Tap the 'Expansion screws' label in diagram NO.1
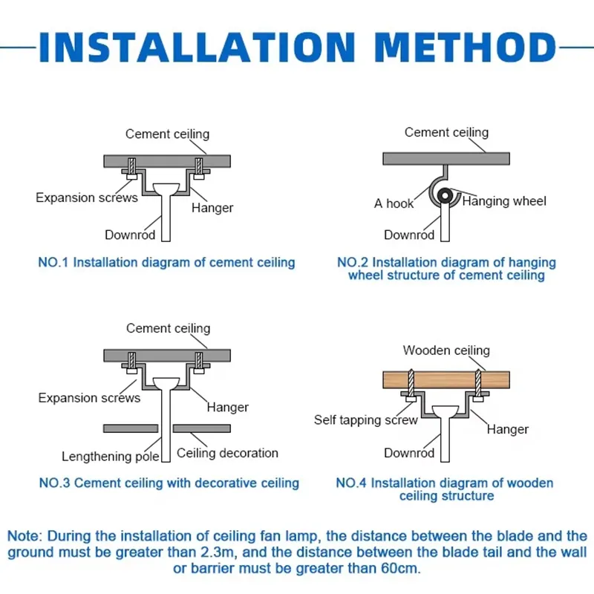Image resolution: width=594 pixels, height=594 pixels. tap(87, 198)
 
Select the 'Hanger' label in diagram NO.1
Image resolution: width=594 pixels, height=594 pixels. tap(212, 208)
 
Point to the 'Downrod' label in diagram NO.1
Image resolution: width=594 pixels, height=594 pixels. tap(130, 235)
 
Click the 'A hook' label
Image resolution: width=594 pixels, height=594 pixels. tap(394, 203)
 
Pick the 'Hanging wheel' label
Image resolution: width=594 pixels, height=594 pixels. tap(504, 201)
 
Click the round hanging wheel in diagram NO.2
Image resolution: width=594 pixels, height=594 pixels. tap(446, 196)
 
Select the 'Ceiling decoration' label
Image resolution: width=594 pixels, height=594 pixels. tap(227, 453)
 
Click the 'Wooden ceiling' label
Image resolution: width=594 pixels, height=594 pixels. tap(446, 350)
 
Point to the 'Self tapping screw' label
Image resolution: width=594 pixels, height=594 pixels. tap(365, 420)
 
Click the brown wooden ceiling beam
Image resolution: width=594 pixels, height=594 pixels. tap(446, 379)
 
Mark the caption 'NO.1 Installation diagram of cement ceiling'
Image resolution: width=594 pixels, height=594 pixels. tap(166, 262)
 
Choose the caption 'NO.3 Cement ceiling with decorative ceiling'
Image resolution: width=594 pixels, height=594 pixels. tap(169, 483)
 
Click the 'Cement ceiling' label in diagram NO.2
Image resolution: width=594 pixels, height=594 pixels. tap(446, 132)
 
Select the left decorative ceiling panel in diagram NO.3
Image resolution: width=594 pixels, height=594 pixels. tap(131, 428)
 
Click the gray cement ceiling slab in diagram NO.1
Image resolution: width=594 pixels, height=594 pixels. tap(167, 161)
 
